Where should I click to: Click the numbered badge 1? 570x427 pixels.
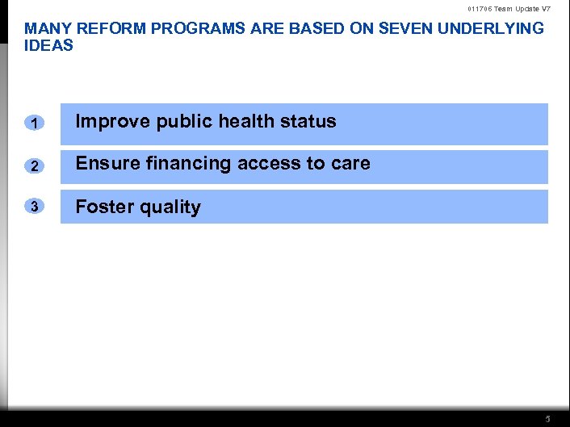coord(33,123)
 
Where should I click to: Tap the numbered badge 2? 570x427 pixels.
coord(33,165)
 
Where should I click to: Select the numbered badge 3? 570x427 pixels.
coord(33,207)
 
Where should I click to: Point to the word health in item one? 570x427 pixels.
coord(247,122)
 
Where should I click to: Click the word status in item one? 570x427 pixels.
coord(308,122)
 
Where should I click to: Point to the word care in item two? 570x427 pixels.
coord(350,164)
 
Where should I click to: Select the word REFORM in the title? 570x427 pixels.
coord(109,28)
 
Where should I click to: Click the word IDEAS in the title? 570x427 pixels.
coord(48,45)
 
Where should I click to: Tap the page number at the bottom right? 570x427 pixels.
coord(547,419)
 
